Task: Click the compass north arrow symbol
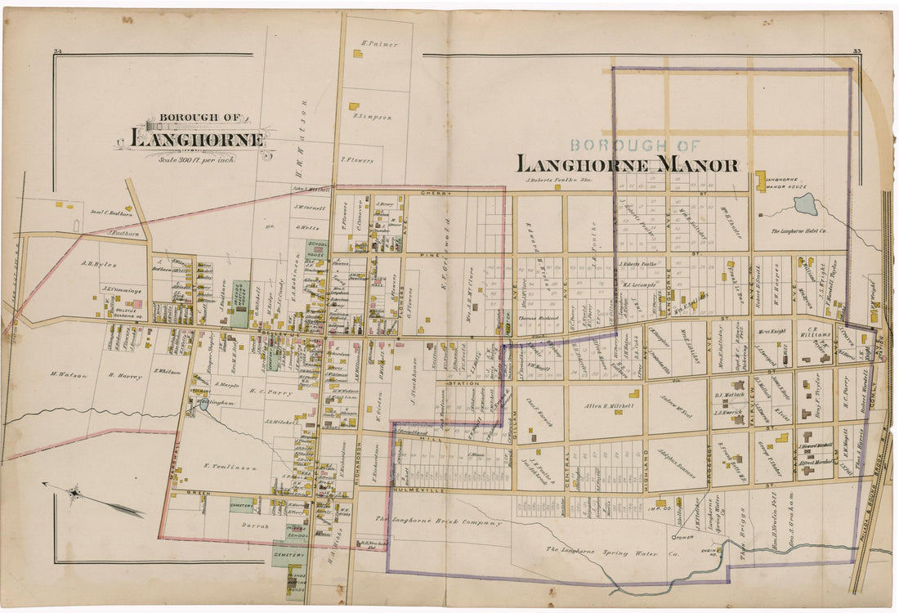tap(76, 493)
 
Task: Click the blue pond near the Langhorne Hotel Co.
tap(805, 204)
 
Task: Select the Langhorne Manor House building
tap(761, 181)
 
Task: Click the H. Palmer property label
tap(380, 43)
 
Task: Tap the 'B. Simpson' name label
tap(373, 117)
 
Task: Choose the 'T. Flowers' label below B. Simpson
tap(357, 160)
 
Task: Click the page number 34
tap(58, 52)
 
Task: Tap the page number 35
tap(857, 52)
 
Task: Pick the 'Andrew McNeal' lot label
tap(676, 400)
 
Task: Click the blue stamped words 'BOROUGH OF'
tap(634, 145)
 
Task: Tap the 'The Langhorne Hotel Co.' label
tap(805, 232)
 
